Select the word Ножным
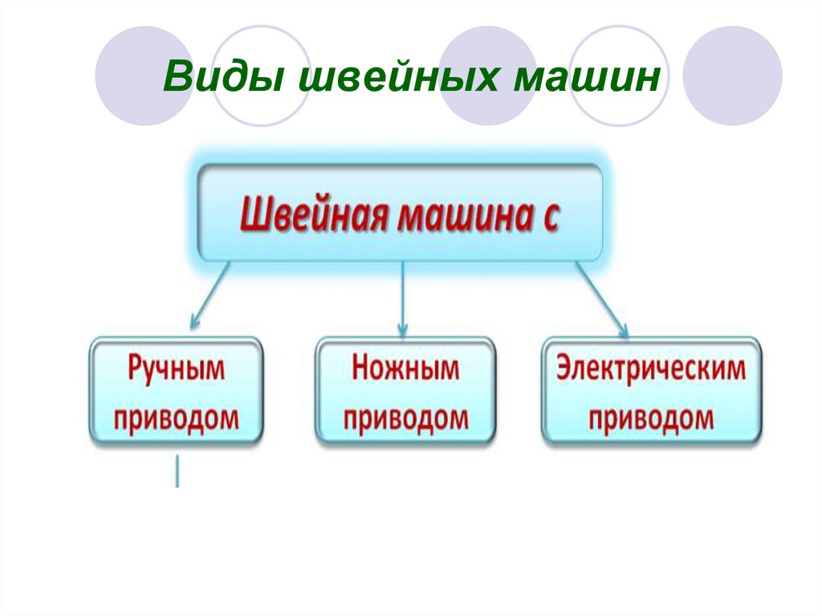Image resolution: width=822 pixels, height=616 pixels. tap(405, 370)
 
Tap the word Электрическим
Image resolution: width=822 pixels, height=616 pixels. tap(651, 370)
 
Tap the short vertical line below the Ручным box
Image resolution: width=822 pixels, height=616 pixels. tap(177, 471)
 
